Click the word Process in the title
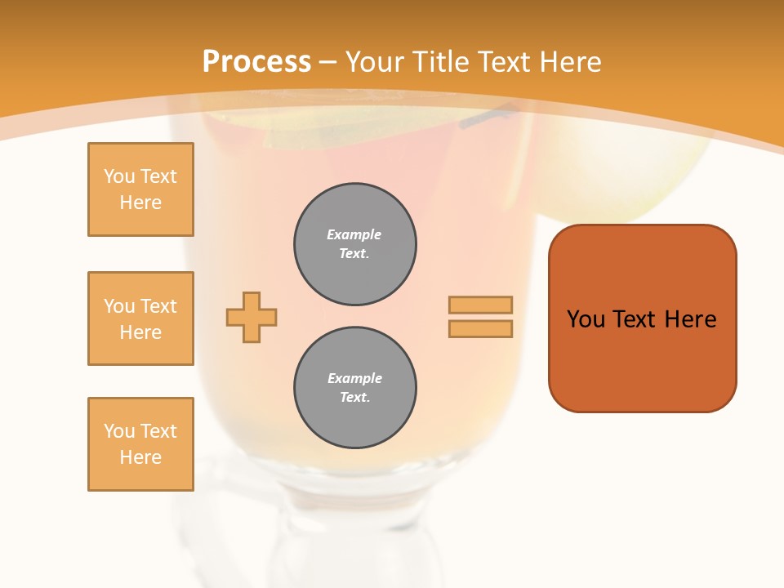pyautogui.click(x=256, y=62)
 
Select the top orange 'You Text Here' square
pyautogui.click(x=140, y=189)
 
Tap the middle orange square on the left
pyautogui.click(x=140, y=318)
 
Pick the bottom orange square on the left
pyautogui.click(x=140, y=444)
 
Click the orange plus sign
pyautogui.click(x=252, y=317)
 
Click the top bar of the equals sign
pyautogui.click(x=480, y=305)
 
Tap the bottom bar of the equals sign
pyautogui.click(x=480, y=328)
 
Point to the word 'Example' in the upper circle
pyautogui.click(x=354, y=234)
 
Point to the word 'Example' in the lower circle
pyautogui.click(x=354, y=378)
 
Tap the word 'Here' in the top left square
pyautogui.click(x=140, y=203)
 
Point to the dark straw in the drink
pyautogui.click(x=488, y=118)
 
